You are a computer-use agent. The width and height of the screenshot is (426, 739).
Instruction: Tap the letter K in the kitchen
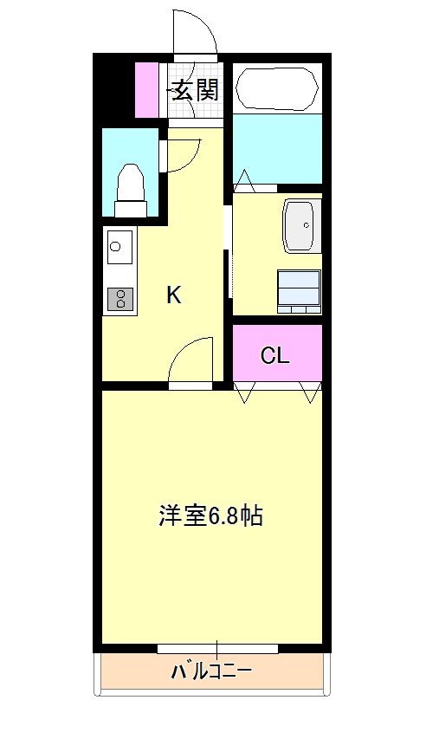(174, 295)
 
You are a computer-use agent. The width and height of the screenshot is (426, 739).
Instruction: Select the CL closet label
(275, 355)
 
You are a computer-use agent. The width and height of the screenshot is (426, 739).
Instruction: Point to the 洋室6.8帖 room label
(211, 516)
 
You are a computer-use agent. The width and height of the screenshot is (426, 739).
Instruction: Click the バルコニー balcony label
(211, 671)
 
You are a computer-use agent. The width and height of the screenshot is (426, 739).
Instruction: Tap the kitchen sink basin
(119, 247)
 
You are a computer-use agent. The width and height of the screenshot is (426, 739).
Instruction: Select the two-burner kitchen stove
(119, 300)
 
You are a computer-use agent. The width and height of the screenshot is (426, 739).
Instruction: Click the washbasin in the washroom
(303, 225)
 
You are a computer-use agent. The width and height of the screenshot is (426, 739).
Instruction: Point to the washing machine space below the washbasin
(299, 290)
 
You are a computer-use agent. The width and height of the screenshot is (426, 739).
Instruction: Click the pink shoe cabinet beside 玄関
(147, 88)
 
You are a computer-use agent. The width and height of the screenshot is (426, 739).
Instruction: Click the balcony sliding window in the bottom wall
(217, 648)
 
